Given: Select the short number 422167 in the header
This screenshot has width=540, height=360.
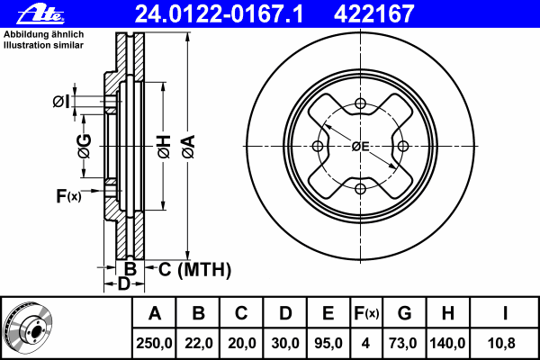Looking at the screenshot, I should coord(386,14).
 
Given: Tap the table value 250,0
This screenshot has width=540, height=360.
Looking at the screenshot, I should coord(155,342).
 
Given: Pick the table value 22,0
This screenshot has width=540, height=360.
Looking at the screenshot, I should coord(198,342).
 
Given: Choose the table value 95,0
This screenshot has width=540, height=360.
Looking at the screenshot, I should coord(328,342).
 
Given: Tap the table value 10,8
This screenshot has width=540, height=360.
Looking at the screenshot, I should coord(506,342).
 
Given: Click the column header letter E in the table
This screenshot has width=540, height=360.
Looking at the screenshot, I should coord(328,313).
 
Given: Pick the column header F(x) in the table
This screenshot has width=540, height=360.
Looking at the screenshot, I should coord(365,313).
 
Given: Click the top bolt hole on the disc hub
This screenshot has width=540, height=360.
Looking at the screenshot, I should coord(361,103).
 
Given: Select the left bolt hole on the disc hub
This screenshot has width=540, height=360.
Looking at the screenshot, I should coord(318,147).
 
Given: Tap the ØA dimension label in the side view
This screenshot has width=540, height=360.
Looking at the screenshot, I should coord(188,144).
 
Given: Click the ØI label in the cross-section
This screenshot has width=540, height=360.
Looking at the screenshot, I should coord(60,101).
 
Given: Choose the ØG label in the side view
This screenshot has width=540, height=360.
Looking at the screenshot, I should coord(84,145).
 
